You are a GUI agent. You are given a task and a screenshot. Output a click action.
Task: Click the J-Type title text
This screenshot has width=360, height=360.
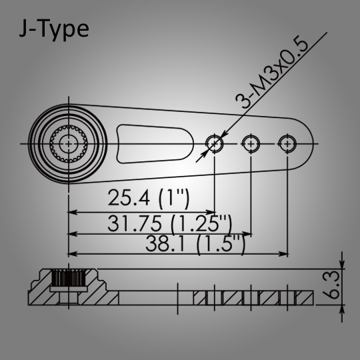click(54, 29)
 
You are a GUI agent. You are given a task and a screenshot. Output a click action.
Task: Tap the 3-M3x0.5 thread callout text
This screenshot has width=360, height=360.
click(271, 71)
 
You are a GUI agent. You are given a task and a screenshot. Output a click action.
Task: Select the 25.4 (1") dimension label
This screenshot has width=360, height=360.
click(149, 199)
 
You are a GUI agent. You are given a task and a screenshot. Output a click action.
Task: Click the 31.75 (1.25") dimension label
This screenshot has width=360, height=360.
click(170, 223)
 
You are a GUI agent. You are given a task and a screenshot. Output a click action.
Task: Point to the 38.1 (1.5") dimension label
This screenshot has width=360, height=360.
click(195, 244)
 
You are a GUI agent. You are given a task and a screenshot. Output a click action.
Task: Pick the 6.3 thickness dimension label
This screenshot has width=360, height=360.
click(331, 285)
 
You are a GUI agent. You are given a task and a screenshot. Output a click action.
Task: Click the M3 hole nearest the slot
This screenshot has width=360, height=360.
click(214, 144)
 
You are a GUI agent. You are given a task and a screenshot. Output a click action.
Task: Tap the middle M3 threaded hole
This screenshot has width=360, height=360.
click(251, 144)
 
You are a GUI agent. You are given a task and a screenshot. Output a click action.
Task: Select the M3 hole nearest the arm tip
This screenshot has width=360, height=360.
click(287, 144)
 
